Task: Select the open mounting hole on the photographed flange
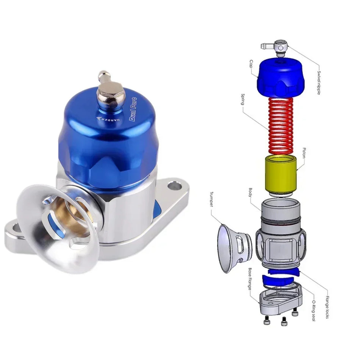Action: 175,186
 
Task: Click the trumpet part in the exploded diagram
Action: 232,248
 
